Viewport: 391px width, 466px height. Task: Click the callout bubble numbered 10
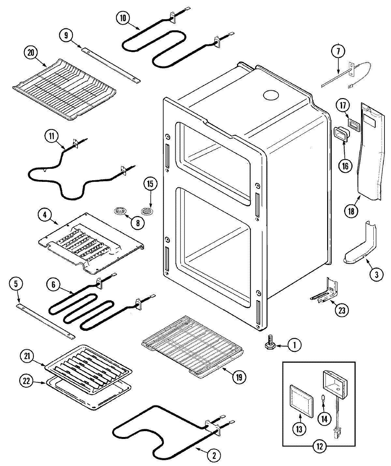pos(123,18)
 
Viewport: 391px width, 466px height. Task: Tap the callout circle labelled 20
pos(31,53)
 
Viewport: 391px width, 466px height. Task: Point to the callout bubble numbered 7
pos(338,51)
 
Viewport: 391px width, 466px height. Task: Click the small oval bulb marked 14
pos(323,398)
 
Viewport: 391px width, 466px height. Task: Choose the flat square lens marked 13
pos(301,400)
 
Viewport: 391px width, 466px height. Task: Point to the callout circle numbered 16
pos(345,166)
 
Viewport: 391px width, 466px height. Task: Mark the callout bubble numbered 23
pos(341,310)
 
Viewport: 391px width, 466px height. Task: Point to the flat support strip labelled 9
pos(111,64)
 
